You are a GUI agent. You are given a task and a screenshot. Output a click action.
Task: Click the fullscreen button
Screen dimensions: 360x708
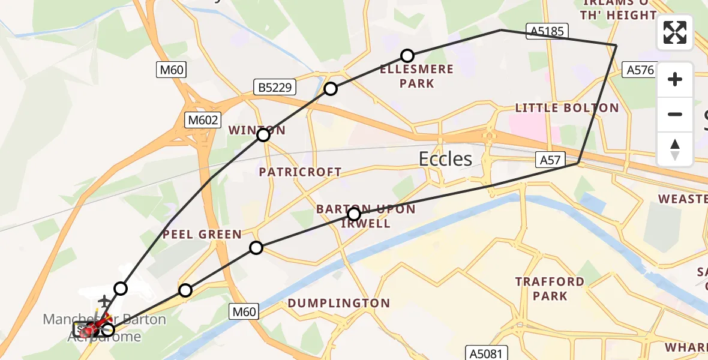tap(675, 32)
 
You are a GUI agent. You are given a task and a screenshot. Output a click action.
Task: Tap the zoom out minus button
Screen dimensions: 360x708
tap(675, 114)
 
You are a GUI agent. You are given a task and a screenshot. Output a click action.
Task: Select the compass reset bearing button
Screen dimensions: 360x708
tap(675, 149)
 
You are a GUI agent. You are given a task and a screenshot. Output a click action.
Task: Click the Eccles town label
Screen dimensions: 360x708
tap(445, 159)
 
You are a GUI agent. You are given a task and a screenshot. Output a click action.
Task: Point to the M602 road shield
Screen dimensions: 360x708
tap(202, 120)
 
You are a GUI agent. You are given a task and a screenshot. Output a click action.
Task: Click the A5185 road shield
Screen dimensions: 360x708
tap(547, 31)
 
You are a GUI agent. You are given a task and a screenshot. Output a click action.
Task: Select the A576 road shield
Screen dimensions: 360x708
tap(640, 70)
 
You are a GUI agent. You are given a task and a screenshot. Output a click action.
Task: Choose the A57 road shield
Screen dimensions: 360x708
tap(550, 160)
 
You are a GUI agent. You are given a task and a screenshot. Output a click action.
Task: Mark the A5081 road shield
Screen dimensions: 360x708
tap(487, 352)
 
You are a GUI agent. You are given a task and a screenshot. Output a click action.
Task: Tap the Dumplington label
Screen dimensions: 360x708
tap(338, 304)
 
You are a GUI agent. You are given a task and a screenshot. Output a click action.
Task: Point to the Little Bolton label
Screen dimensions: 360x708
tap(567, 108)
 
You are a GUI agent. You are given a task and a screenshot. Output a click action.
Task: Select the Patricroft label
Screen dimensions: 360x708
tap(300, 172)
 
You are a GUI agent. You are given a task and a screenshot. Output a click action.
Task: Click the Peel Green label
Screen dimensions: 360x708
tap(202, 235)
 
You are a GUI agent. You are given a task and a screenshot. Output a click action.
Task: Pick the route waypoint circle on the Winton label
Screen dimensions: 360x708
tap(263, 135)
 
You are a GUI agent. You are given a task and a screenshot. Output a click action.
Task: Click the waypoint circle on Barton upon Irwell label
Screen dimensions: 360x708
tap(354, 214)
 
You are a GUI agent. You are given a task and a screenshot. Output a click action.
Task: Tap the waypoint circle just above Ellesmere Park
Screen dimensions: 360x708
tap(407, 56)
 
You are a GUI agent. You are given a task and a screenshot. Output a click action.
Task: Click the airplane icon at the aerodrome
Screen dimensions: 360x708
tap(104, 299)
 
